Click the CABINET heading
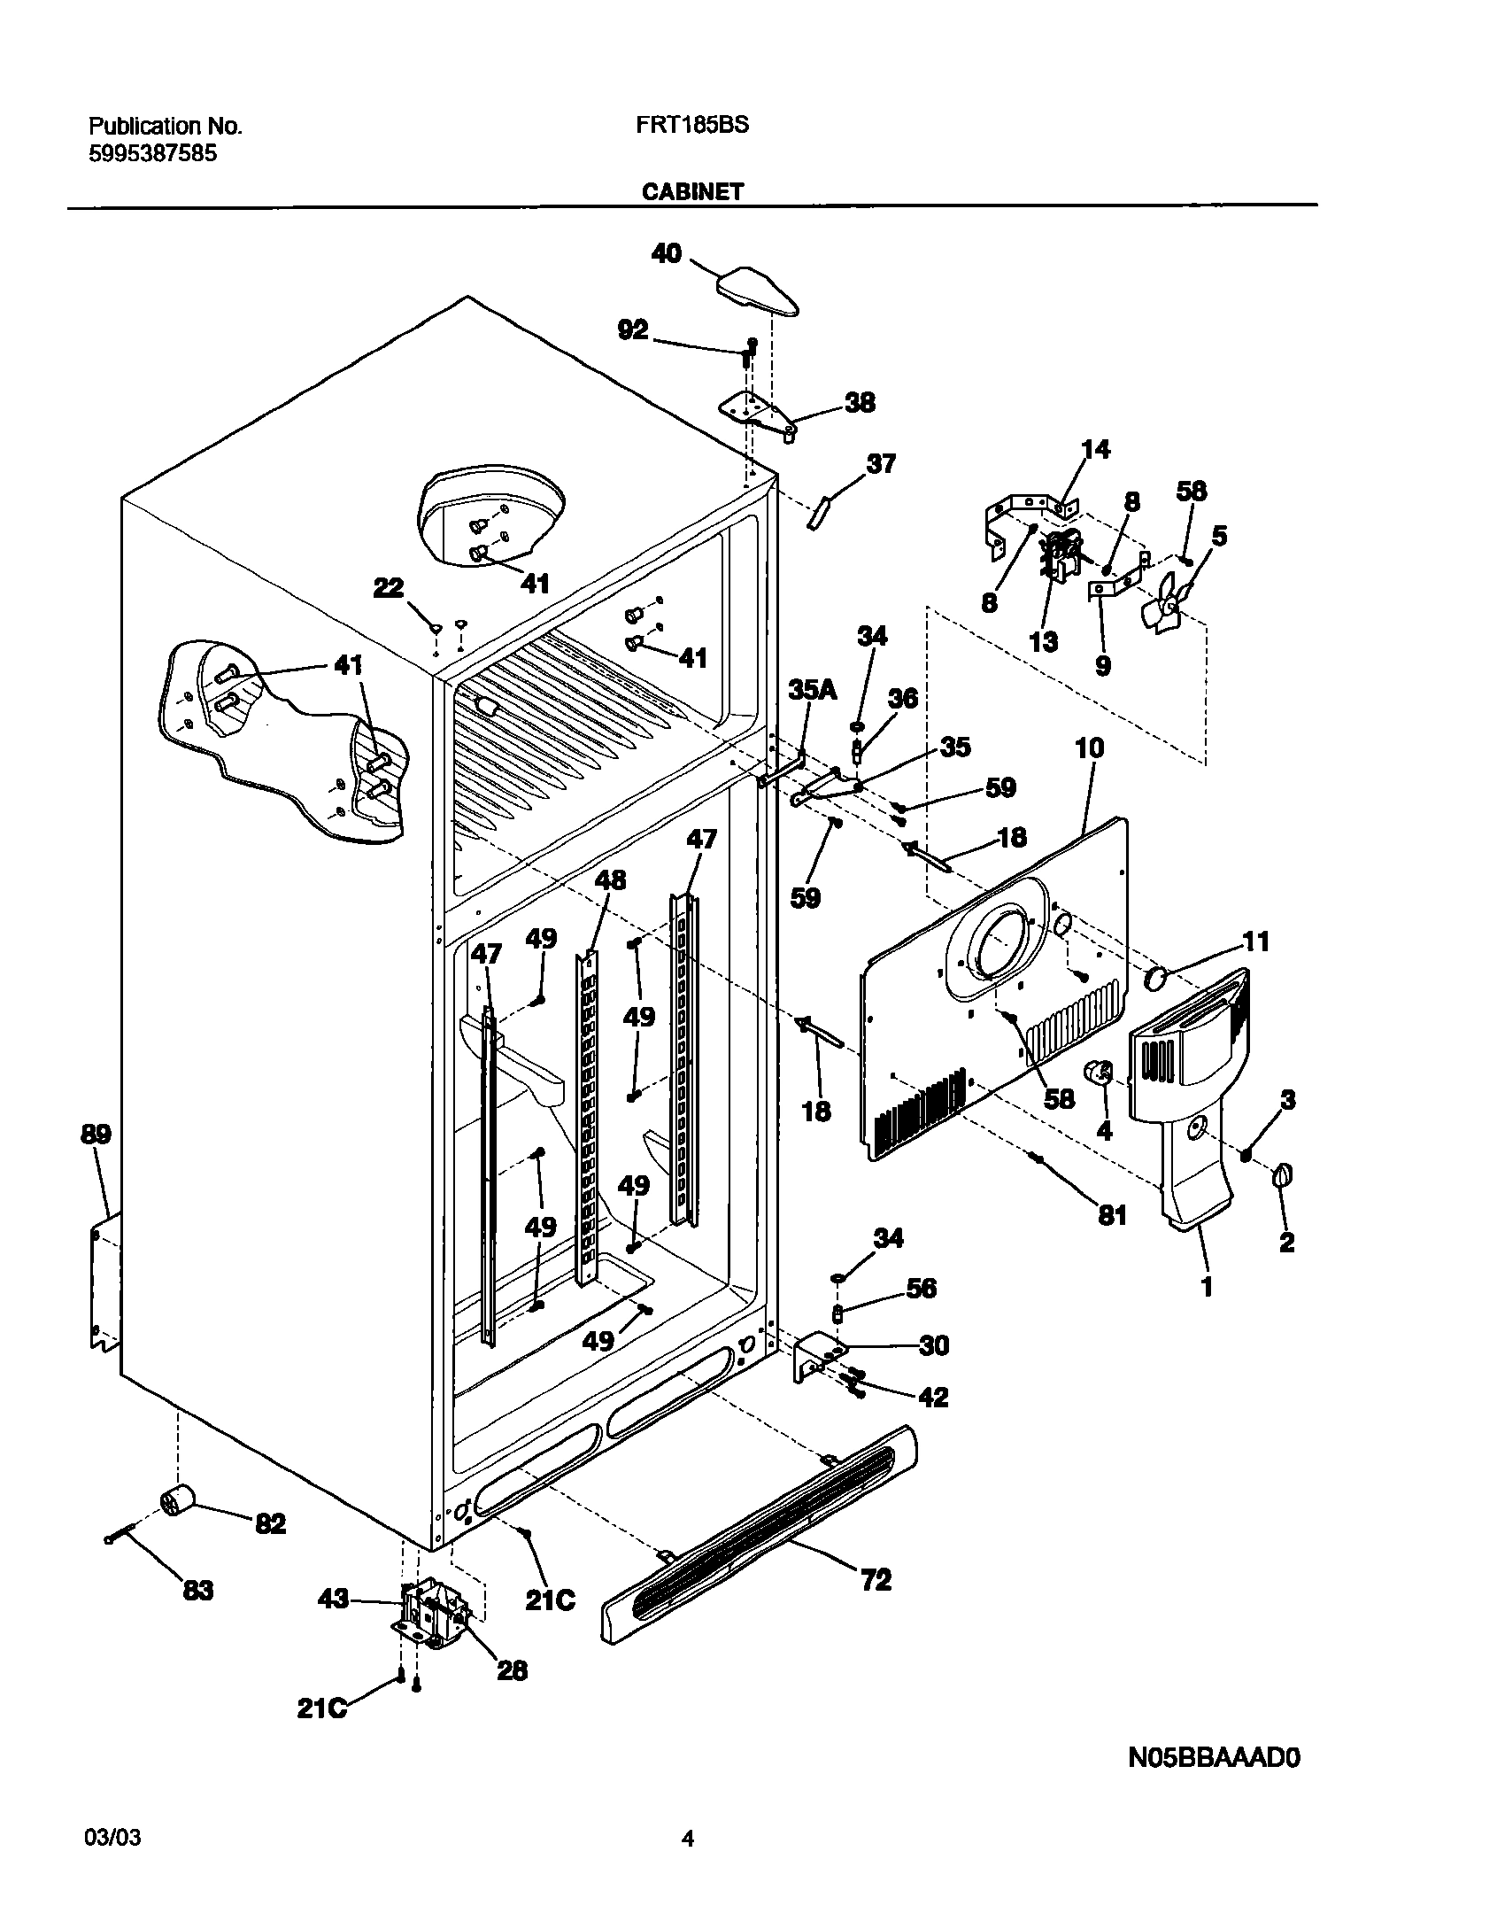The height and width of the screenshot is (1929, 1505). point(692,191)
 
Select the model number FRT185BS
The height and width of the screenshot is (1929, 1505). point(691,126)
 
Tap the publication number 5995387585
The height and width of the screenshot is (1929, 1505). point(152,153)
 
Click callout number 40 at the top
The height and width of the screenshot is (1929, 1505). point(667,254)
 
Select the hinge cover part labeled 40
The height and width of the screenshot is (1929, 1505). point(758,291)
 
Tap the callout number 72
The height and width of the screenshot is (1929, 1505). point(876,1579)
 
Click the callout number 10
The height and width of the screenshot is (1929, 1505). point(1089,748)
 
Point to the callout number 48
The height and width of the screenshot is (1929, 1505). point(610,880)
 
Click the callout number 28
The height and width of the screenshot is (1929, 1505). point(512,1669)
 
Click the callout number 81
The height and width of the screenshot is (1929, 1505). point(1112,1215)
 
